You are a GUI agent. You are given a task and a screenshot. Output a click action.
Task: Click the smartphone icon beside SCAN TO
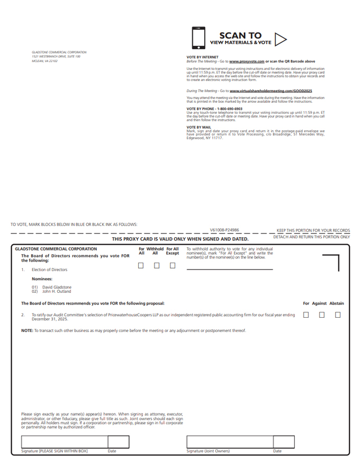click(199, 38)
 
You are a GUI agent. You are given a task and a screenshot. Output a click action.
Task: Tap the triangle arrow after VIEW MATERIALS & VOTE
click(281, 39)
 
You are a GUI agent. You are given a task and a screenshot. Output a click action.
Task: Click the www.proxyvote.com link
click(247, 61)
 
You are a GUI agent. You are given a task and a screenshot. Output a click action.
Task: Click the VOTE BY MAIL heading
click(199, 127)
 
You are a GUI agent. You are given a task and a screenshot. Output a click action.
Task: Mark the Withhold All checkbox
click(157, 266)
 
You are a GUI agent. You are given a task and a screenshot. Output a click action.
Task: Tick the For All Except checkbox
click(173, 266)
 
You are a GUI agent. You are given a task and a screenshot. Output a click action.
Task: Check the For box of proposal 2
click(306, 315)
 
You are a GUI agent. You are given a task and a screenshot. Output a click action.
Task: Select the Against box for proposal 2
click(322, 315)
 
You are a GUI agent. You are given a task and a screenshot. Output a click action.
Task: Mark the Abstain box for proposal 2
click(338, 315)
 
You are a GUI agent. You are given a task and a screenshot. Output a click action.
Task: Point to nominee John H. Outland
click(57, 291)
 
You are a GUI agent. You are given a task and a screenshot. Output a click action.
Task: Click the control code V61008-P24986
click(224, 230)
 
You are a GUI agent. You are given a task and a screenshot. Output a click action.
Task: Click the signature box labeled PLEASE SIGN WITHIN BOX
click(64, 442)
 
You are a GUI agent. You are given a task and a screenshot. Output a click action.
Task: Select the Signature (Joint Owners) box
click(229, 442)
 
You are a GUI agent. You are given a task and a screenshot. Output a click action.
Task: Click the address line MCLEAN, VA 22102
click(44, 61)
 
